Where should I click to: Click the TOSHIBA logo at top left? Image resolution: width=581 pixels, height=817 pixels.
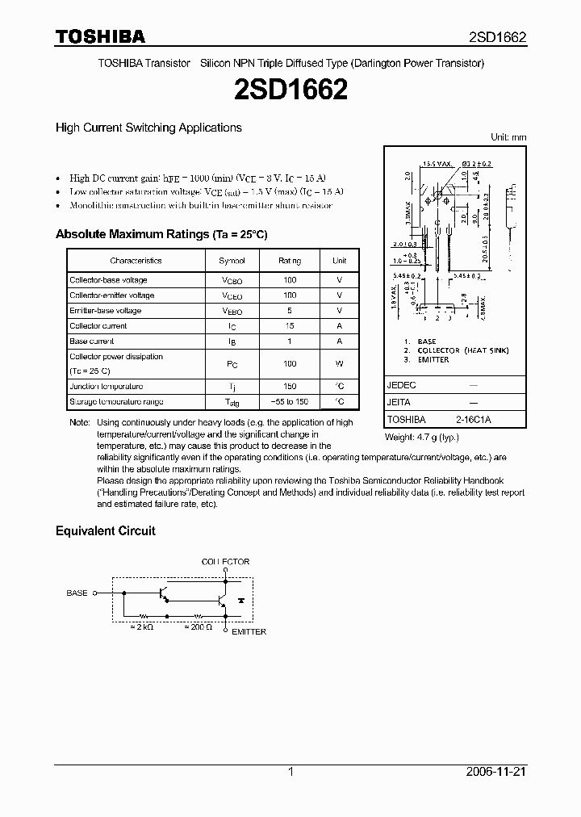(99, 36)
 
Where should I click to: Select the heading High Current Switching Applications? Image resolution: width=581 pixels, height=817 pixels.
(148, 128)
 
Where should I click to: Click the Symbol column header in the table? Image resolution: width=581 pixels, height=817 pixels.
(232, 261)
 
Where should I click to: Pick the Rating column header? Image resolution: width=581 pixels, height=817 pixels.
(290, 261)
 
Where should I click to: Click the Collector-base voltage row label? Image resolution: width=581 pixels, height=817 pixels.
(108, 280)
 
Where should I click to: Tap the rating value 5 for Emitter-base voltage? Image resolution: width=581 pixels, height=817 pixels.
(290, 311)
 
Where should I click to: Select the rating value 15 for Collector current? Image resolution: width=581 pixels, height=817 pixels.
(290, 326)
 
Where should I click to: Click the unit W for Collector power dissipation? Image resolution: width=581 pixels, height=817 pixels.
(339, 364)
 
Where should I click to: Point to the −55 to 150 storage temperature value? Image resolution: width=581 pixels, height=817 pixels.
(290, 402)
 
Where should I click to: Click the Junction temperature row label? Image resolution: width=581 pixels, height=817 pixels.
(106, 387)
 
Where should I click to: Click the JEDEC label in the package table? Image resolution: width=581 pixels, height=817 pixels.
(401, 386)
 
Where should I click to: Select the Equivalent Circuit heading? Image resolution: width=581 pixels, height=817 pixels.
(105, 531)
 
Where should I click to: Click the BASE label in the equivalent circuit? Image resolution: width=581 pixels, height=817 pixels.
(77, 593)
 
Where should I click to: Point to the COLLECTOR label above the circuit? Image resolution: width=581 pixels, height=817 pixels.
(225, 561)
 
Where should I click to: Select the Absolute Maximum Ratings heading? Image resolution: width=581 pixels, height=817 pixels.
(161, 234)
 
